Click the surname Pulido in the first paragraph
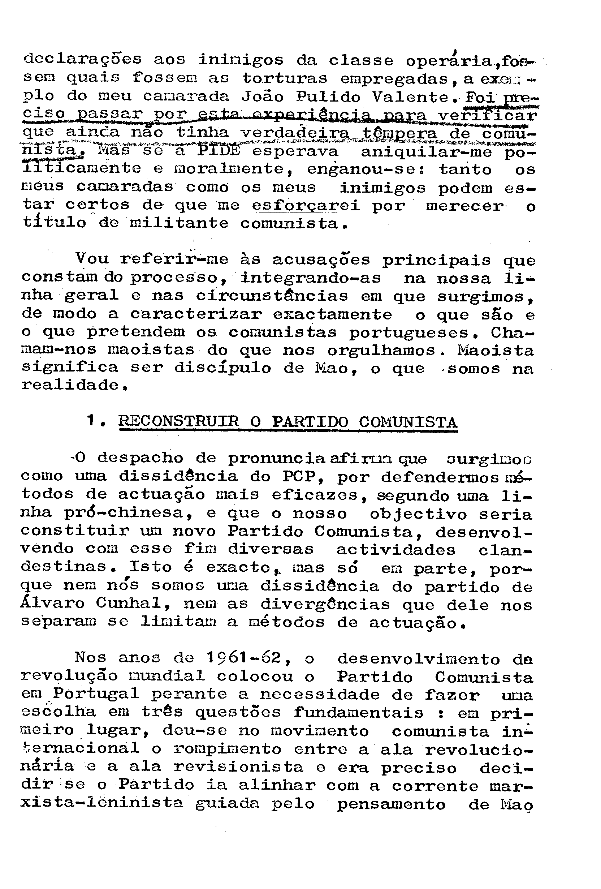click(x=328, y=97)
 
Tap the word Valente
click(x=411, y=97)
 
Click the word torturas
click(x=285, y=78)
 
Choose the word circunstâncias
click(x=272, y=296)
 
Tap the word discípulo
click(x=223, y=368)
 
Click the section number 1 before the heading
click(x=91, y=421)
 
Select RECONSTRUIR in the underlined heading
click(x=178, y=421)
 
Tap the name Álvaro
click(x=52, y=603)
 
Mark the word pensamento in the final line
click(x=391, y=804)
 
